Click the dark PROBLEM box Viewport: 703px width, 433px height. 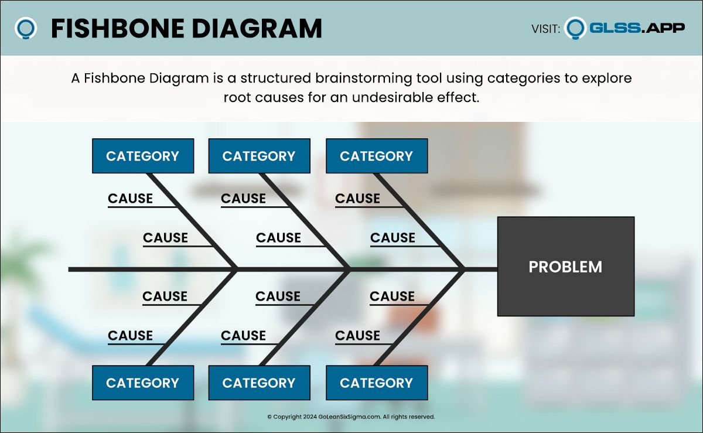566,266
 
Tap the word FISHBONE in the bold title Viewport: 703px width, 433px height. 118,29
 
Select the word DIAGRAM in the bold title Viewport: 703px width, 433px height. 257,29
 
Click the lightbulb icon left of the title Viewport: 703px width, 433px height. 25,28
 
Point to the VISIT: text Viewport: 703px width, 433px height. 546,29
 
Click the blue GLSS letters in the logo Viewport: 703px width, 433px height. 615,28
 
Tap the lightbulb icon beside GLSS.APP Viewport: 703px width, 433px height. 575,28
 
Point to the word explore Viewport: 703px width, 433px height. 607,79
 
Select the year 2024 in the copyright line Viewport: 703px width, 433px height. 310,417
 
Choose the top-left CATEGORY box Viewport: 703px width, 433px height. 143,156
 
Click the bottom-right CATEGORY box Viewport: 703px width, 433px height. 377,383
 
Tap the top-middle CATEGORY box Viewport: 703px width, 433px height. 259,156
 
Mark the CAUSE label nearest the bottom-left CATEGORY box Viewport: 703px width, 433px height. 130,335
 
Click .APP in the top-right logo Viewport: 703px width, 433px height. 663,28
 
